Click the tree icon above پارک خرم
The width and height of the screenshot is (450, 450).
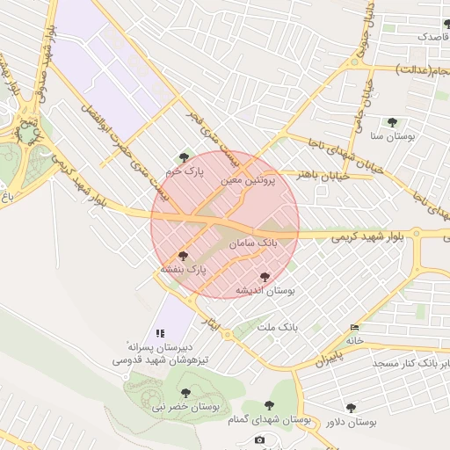tap(184, 158)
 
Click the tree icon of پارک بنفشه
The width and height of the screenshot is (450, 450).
tap(183, 256)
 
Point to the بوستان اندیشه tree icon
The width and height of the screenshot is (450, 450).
tap(265, 277)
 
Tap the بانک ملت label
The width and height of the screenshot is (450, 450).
tap(278, 327)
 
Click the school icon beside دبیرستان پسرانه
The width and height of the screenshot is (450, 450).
tap(160, 334)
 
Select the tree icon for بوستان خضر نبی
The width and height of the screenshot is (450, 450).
tap(185, 393)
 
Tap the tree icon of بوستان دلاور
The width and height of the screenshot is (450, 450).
tap(352, 408)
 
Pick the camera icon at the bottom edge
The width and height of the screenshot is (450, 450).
tap(258, 439)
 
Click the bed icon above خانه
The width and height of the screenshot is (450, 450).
tap(354, 328)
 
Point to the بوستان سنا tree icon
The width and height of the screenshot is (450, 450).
tap(391, 123)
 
